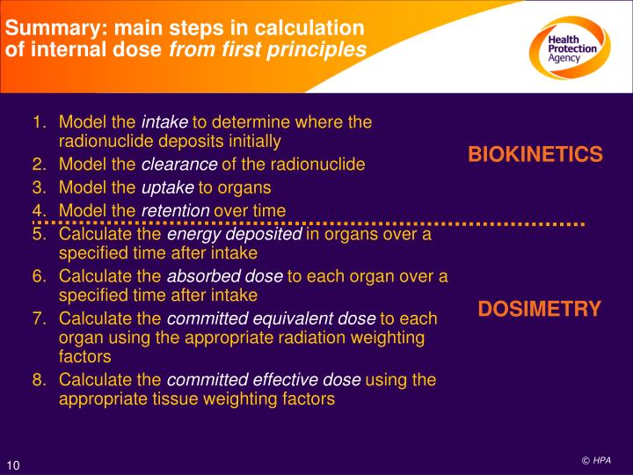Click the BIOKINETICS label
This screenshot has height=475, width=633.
click(x=535, y=156)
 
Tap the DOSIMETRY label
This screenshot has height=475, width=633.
click(x=539, y=309)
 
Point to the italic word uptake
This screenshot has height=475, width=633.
click(x=167, y=187)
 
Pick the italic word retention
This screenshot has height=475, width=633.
click(x=176, y=210)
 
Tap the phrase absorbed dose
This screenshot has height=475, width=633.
click(x=225, y=276)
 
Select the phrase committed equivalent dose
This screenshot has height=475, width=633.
click(x=270, y=318)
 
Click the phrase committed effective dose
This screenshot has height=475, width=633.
click(x=263, y=380)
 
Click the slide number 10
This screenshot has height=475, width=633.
click(x=14, y=465)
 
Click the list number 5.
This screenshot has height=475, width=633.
click(x=40, y=234)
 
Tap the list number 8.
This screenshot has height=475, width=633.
click(x=40, y=380)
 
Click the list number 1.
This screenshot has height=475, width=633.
click(x=40, y=122)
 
